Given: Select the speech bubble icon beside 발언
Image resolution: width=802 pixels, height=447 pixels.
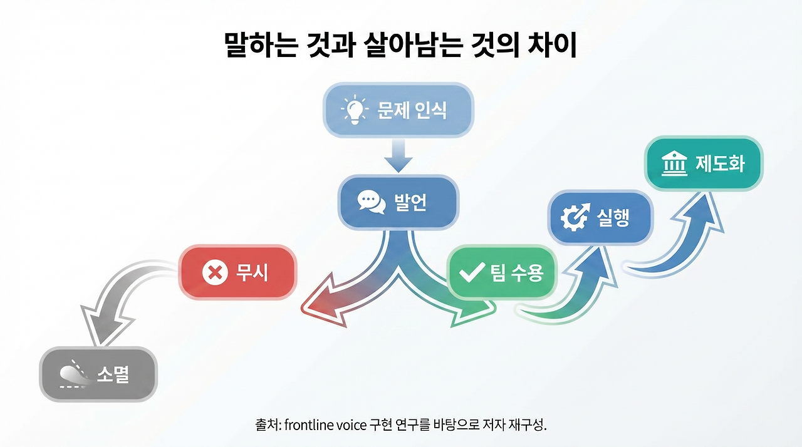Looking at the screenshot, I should pyautogui.click(x=370, y=202).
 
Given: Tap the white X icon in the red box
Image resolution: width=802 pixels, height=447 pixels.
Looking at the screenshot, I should pyautogui.click(x=215, y=273).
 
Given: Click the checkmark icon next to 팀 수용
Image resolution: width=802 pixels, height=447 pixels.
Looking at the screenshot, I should pyautogui.click(x=472, y=273).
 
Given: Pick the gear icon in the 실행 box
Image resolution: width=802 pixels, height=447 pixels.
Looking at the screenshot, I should pyautogui.click(x=573, y=217).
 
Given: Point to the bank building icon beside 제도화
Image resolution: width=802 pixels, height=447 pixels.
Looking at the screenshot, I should pyautogui.click(x=674, y=164).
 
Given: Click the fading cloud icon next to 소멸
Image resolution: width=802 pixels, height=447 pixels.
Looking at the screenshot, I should pyautogui.click(x=72, y=374).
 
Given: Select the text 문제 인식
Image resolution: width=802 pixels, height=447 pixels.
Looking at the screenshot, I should pyautogui.click(x=412, y=111).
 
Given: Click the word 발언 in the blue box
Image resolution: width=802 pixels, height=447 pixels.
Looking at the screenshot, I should pyautogui.click(x=410, y=203).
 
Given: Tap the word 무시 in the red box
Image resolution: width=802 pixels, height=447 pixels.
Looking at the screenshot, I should pyautogui.click(x=251, y=273).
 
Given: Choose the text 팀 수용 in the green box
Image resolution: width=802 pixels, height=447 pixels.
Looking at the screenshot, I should pyautogui.click(x=517, y=273).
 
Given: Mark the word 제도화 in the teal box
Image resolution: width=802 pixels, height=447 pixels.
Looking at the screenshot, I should pyautogui.click(x=720, y=164).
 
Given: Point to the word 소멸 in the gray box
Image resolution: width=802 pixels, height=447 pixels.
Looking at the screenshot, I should pyautogui.click(x=113, y=374).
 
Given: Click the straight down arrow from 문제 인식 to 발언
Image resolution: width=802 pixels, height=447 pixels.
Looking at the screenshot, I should pyautogui.click(x=398, y=156).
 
